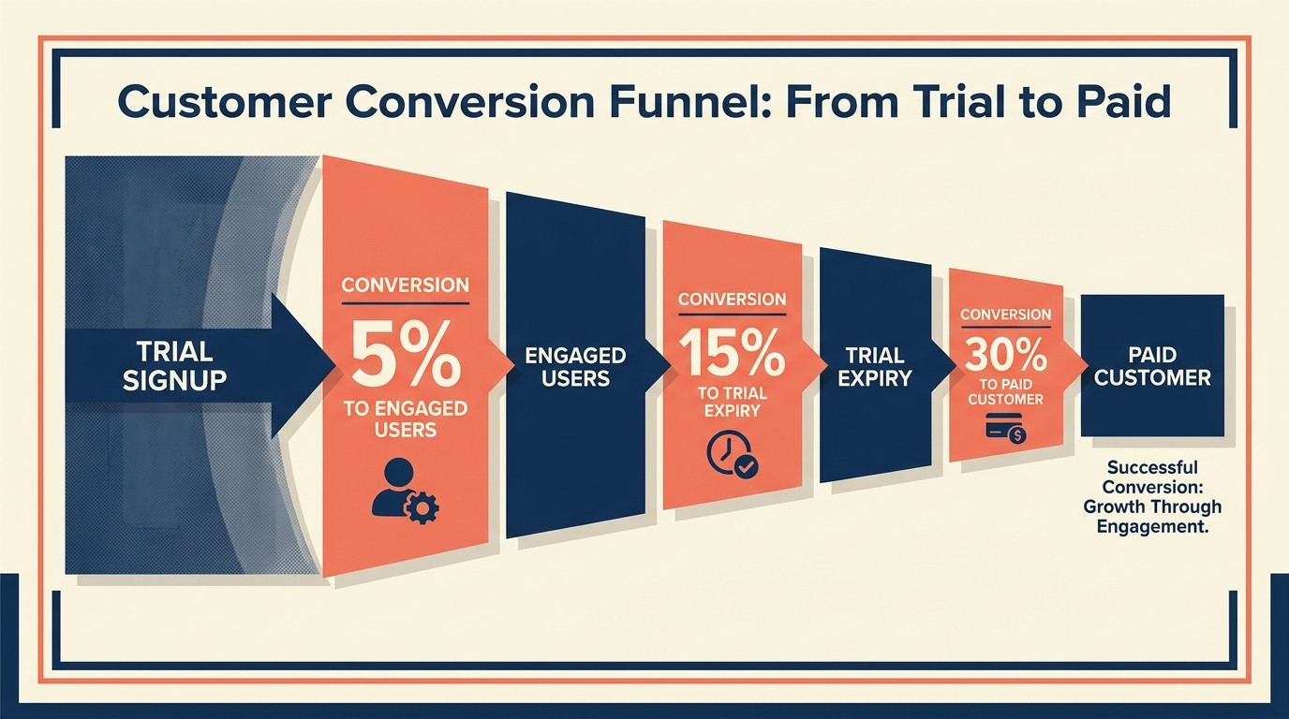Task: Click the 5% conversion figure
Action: (405, 354)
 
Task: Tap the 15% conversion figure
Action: (732, 355)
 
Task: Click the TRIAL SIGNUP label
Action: (174, 366)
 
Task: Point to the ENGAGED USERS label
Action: (575, 367)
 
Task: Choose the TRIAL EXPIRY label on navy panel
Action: (875, 367)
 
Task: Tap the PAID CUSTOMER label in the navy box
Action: (1152, 366)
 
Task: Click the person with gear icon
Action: (404, 490)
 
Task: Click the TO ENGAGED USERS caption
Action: (405, 418)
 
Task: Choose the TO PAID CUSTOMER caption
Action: (1005, 391)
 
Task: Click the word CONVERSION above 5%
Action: (405, 284)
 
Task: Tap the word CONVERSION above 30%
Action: (1005, 315)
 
